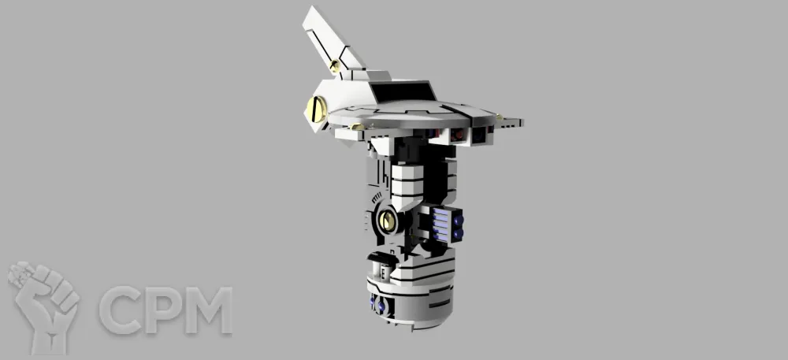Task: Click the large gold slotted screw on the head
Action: point(317,109)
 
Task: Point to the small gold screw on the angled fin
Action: point(335,65)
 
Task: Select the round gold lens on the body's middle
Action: point(388,220)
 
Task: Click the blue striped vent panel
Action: point(440,225)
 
